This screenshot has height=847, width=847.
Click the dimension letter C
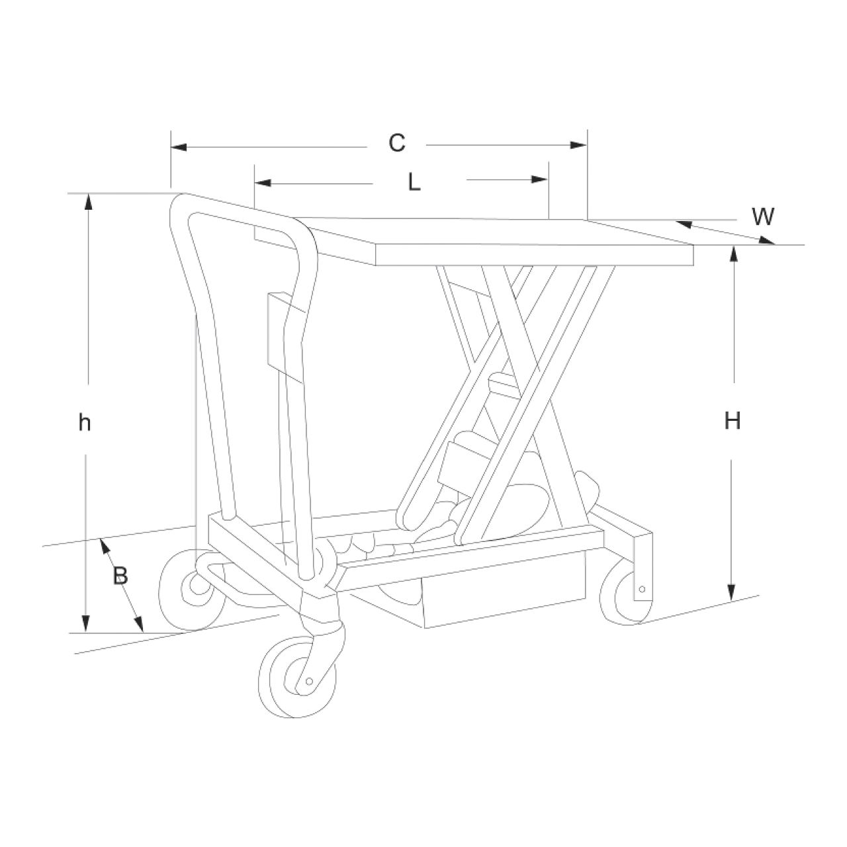(x=396, y=144)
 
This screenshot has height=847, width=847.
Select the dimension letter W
(x=762, y=216)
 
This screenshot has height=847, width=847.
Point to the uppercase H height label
(x=733, y=421)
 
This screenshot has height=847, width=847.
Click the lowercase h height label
(x=85, y=422)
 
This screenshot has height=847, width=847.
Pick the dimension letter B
(x=120, y=575)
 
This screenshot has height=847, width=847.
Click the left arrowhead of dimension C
(x=179, y=147)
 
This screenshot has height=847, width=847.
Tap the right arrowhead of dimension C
(x=578, y=145)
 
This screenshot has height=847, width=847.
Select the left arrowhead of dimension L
(x=263, y=183)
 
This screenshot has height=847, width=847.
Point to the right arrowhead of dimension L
(x=540, y=179)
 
